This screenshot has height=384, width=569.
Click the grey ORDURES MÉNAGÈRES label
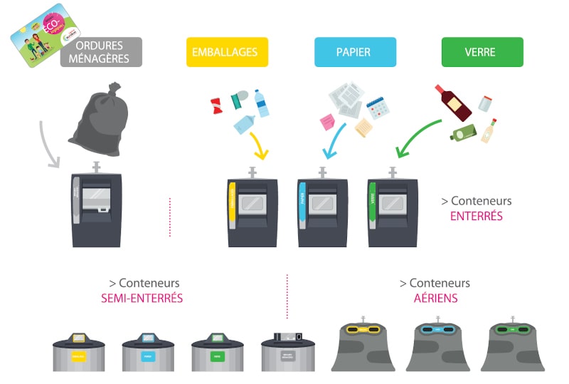[x=101, y=51]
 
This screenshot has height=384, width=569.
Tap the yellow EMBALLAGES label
[x=227, y=52]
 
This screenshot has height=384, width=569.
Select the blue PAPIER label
[x=355, y=52]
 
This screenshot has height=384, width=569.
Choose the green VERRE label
[x=482, y=52]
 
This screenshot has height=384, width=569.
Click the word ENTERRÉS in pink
[x=477, y=215]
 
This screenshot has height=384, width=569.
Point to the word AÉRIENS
[x=435, y=298]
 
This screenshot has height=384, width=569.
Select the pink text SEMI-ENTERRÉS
[x=142, y=298]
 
